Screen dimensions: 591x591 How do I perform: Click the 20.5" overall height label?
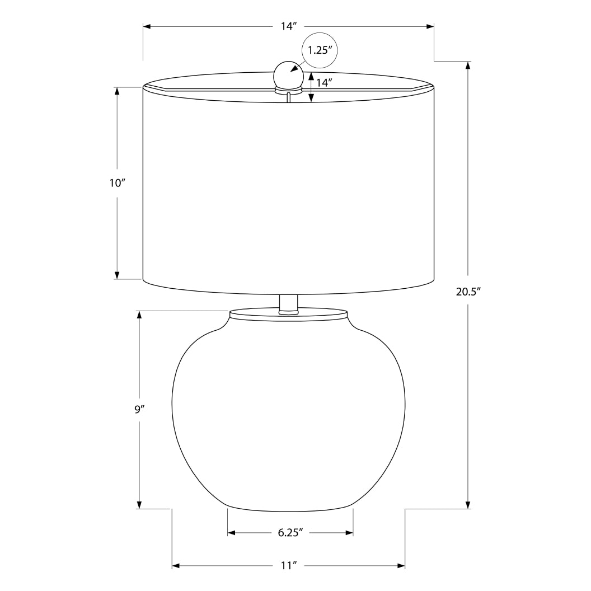(x=468, y=292)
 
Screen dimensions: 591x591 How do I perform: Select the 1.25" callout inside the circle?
(x=320, y=50)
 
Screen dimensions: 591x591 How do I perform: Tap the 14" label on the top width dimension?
(x=288, y=27)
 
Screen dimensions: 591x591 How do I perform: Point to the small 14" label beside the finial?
(x=325, y=82)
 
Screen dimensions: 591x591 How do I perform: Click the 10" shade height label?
(x=116, y=183)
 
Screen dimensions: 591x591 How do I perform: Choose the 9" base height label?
(x=139, y=409)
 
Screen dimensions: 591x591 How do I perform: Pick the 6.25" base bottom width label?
(x=290, y=533)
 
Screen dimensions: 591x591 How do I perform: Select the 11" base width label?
(x=288, y=566)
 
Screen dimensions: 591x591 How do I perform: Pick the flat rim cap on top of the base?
(x=288, y=314)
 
